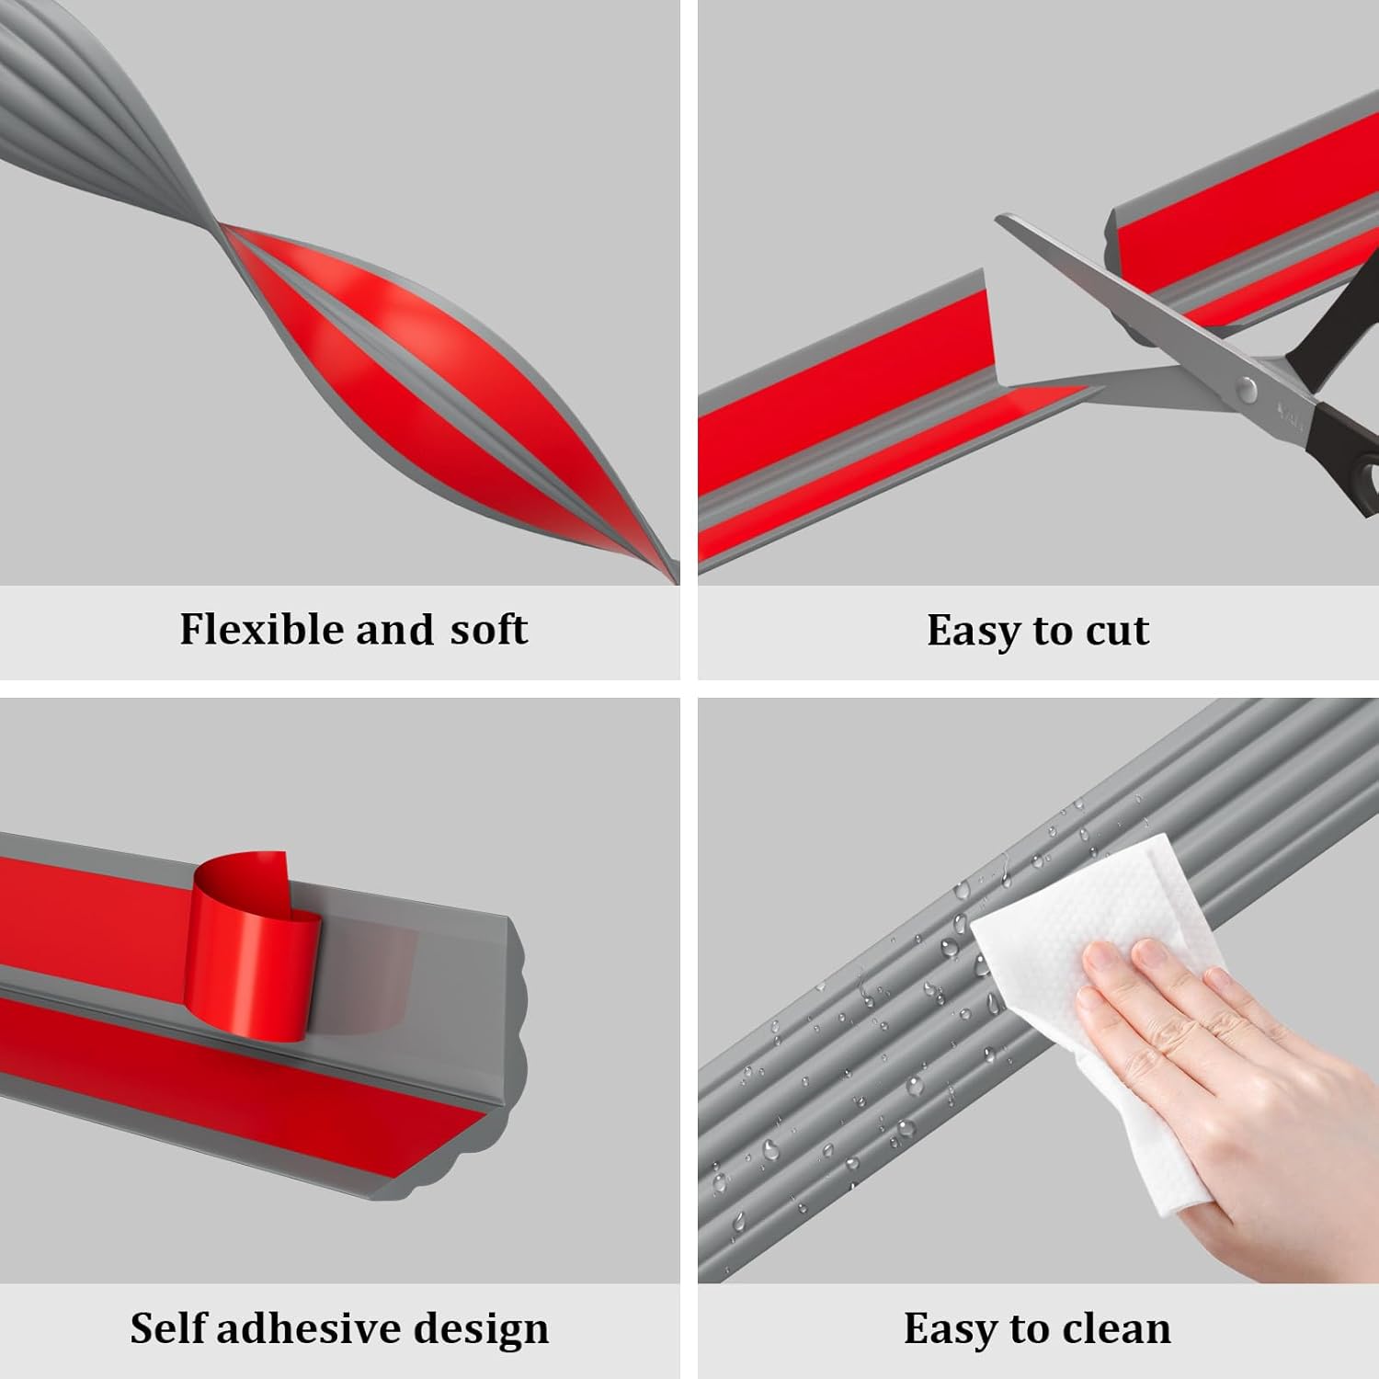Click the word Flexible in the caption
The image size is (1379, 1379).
(262, 630)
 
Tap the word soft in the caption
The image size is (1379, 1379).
(488, 630)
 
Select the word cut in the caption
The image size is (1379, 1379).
(1117, 631)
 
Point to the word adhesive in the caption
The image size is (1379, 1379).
(298, 1328)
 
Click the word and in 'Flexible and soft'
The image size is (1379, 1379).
(394, 630)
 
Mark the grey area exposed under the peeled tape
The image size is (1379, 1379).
(368, 974)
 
